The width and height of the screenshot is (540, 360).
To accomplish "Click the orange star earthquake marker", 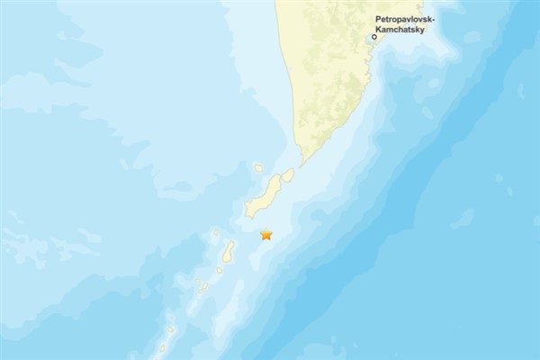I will [x=265, y=235].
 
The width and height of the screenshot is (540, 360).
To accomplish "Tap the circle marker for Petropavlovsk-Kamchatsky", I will [x=374, y=37].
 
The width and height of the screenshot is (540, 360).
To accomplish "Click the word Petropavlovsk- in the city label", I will [x=404, y=19].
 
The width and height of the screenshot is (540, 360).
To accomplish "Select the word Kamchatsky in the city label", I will [x=400, y=29].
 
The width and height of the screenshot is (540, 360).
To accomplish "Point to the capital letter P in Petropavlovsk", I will [x=377, y=19].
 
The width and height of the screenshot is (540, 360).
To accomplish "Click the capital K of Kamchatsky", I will [x=380, y=29].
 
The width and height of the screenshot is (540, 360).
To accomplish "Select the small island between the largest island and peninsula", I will [x=287, y=175].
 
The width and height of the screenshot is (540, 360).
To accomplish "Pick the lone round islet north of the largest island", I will [x=258, y=167].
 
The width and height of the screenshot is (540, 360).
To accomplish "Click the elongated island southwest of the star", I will [x=229, y=251].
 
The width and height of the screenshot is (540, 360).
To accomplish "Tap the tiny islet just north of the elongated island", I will [x=216, y=233].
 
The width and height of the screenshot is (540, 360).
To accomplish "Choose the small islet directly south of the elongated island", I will [x=220, y=269].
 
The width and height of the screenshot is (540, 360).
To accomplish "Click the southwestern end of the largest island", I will [x=249, y=214].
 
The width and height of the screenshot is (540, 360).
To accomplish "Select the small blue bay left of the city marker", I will [x=366, y=40].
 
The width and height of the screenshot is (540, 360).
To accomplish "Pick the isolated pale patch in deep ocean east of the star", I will [x=463, y=218].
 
